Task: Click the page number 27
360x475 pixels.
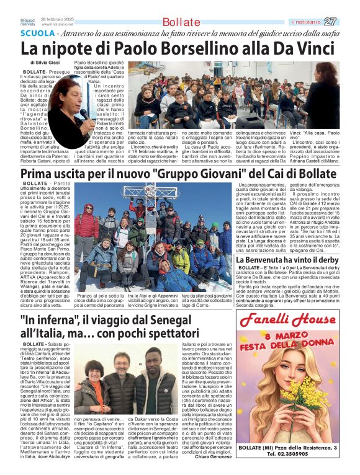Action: click(x=348, y=22)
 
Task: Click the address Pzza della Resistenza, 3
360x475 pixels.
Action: click(x=308, y=448)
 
